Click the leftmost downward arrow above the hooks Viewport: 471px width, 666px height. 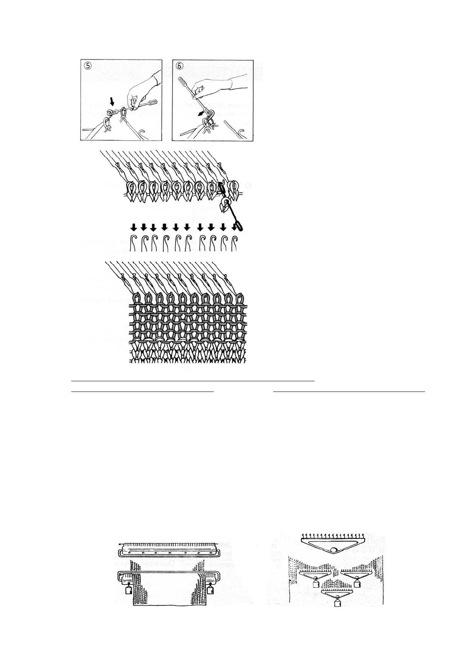tap(134, 227)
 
